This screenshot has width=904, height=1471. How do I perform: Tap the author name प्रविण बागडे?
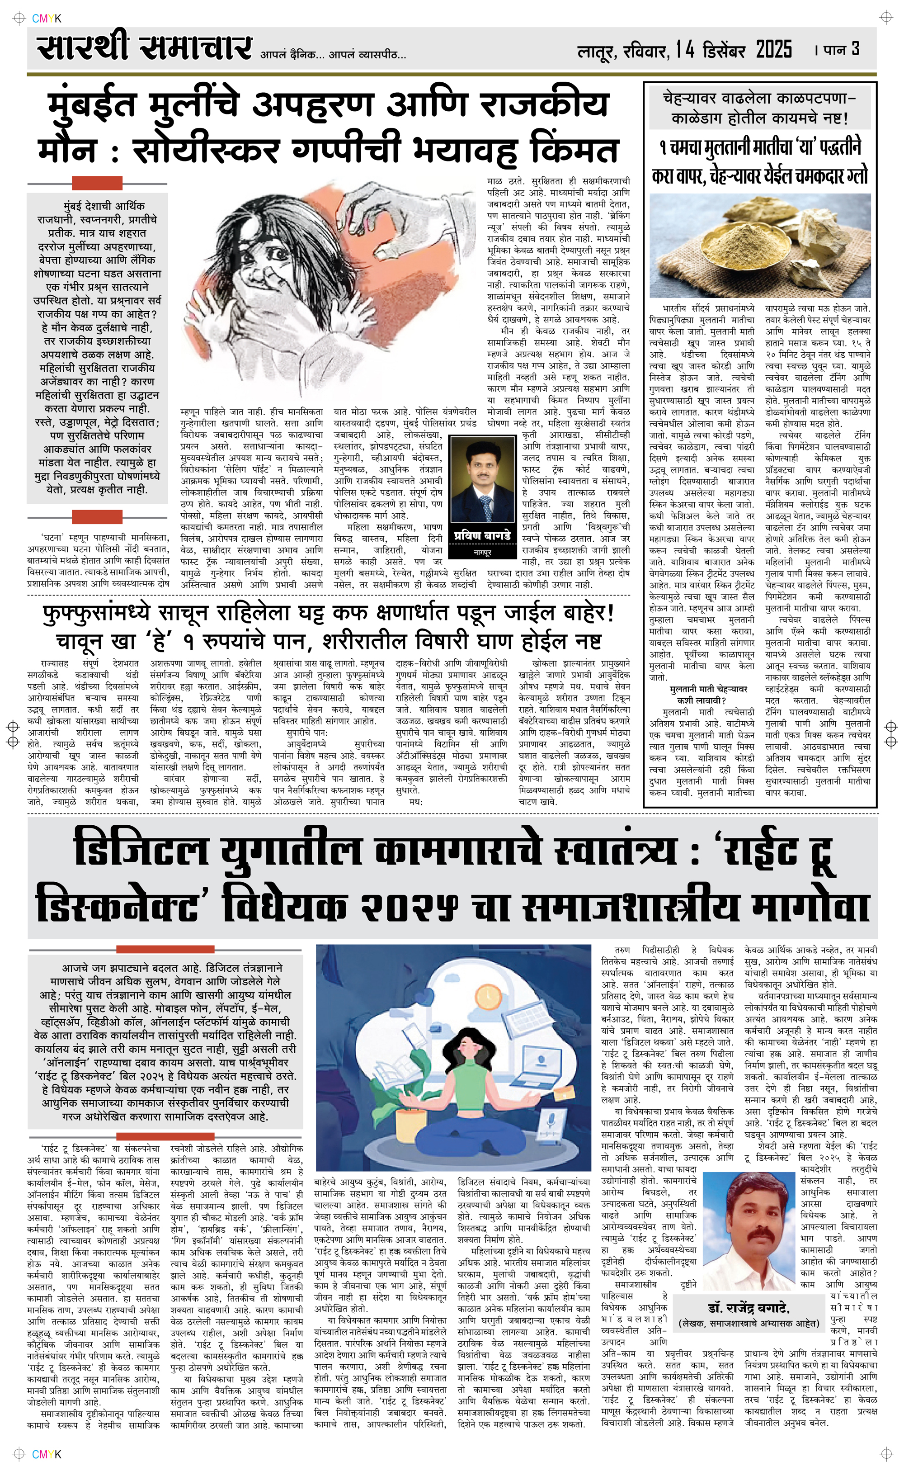pos(482,535)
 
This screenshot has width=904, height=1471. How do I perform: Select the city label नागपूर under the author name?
pos(482,553)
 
